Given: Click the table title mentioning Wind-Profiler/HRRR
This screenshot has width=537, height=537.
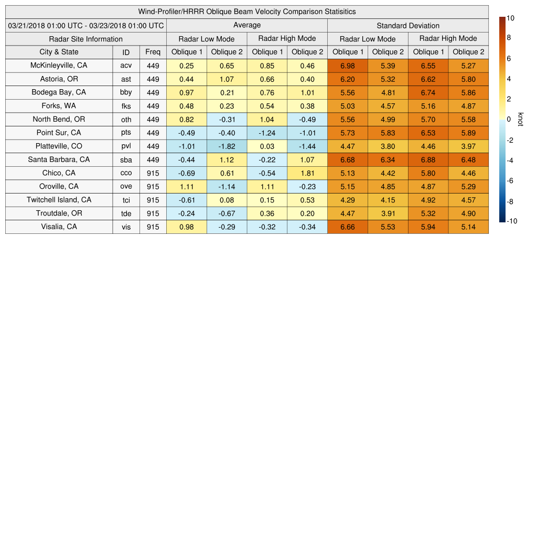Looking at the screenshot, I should pyautogui.click(x=247, y=12).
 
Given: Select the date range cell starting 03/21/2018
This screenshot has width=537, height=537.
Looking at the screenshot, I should pyautogui.click(x=86, y=25).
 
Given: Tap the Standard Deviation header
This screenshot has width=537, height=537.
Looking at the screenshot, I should pyautogui.click(x=408, y=25).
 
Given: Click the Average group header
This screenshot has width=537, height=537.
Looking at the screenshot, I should pyautogui.click(x=247, y=25).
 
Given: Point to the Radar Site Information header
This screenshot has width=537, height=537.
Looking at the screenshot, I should pyautogui.click(x=86, y=39).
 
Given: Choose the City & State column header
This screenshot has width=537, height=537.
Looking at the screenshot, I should pyautogui.click(x=59, y=52).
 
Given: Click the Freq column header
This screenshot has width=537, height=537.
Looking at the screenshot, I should pyautogui.click(x=153, y=52).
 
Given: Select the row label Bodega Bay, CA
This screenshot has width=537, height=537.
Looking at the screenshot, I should pyautogui.click(x=59, y=92).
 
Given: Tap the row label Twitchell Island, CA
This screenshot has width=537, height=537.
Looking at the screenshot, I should pyautogui.click(x=59, y=200).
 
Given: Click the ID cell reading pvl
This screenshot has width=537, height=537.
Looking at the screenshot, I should pyautogui.click(x=126, y=146).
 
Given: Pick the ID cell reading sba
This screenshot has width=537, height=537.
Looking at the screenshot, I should pyautogui.click(x=126, y=160).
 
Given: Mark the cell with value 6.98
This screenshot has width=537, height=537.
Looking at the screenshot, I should pyautogui.click(x=348, y=66).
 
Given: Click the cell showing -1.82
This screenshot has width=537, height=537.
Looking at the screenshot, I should pyautogui.click(x=227, y=146).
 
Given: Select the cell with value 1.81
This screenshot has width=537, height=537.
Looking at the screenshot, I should pyautogui.click(x=307, y=173).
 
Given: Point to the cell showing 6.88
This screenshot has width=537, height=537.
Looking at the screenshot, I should pyautogui.click(x=428, y=160).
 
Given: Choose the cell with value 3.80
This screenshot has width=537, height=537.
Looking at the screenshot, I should pyautogui.click(x=388, y=146).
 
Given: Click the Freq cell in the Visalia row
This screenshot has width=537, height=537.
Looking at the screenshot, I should pyautogui.click(x=153, y=227).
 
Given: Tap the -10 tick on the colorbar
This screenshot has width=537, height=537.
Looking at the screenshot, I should pyautogui.click(x=512, y=221).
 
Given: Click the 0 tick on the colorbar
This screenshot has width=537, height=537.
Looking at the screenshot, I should pyautogui.click(x=509, y=120).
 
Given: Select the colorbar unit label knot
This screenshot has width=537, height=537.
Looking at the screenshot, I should pyautogui.click(x=520, y=120).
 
